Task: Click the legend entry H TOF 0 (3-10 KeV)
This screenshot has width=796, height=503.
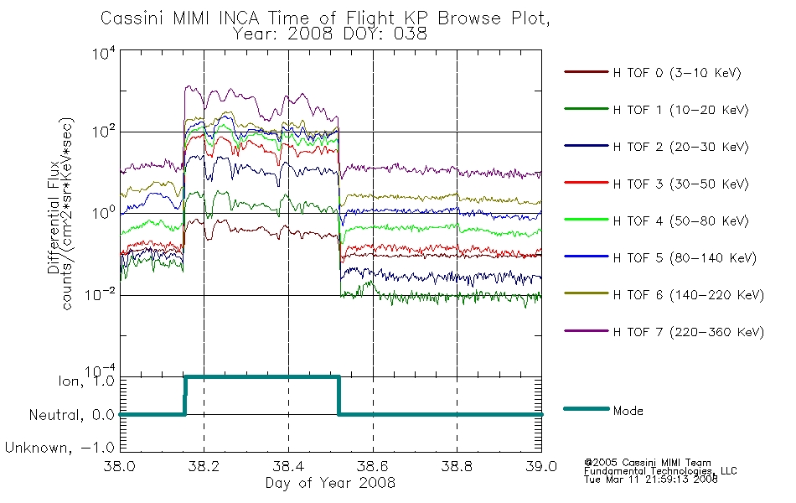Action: click(x=677, y=73)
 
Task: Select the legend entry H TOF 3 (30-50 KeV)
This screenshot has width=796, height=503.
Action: click(x=680, y=184)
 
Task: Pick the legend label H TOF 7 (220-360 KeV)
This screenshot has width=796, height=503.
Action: click(x=689, y=332)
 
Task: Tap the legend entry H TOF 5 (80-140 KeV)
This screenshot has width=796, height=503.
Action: click(x=685, y=258)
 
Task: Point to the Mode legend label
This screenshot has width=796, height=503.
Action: click(x=628, y=411)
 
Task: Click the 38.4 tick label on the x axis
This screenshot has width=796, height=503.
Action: click(x=289, y=466)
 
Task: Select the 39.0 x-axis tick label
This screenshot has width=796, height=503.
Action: click(x=541, y=466)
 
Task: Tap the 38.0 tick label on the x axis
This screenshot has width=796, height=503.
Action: click(x=120, y=466)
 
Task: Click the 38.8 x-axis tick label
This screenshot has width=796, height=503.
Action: click(x=457, y=466)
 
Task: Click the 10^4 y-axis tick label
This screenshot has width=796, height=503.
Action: click(x=104, y=53)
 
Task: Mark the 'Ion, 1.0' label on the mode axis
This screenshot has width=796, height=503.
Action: click(x=86, y=381)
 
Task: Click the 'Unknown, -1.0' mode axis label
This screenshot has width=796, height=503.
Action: click(x=59, y=448)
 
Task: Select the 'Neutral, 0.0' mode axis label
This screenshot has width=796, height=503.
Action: click(x=72, y=415)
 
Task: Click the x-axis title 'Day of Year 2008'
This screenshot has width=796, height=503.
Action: click(x=330, y=483)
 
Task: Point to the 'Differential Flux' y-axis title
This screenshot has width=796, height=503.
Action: click(x=54, y=217)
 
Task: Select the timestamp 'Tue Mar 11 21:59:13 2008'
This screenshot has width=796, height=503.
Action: click(x=651, y=480)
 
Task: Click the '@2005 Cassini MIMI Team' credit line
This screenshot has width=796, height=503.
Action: click(x=648, y=463)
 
